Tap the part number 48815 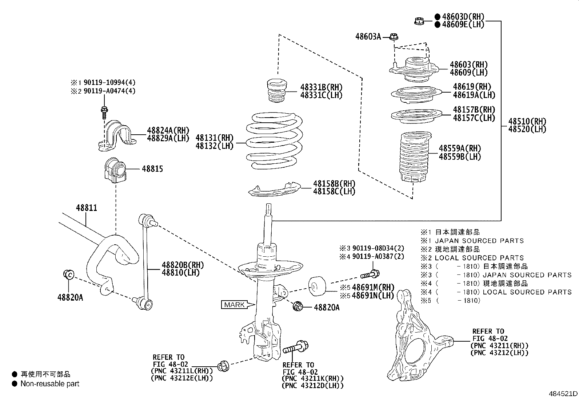152,169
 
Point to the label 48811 86,208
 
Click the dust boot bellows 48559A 414,158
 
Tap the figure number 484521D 563,394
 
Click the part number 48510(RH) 527,121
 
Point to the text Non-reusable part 50,384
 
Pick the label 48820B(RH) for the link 183,265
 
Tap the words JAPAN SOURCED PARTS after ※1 479,241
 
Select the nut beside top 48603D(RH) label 419,21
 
